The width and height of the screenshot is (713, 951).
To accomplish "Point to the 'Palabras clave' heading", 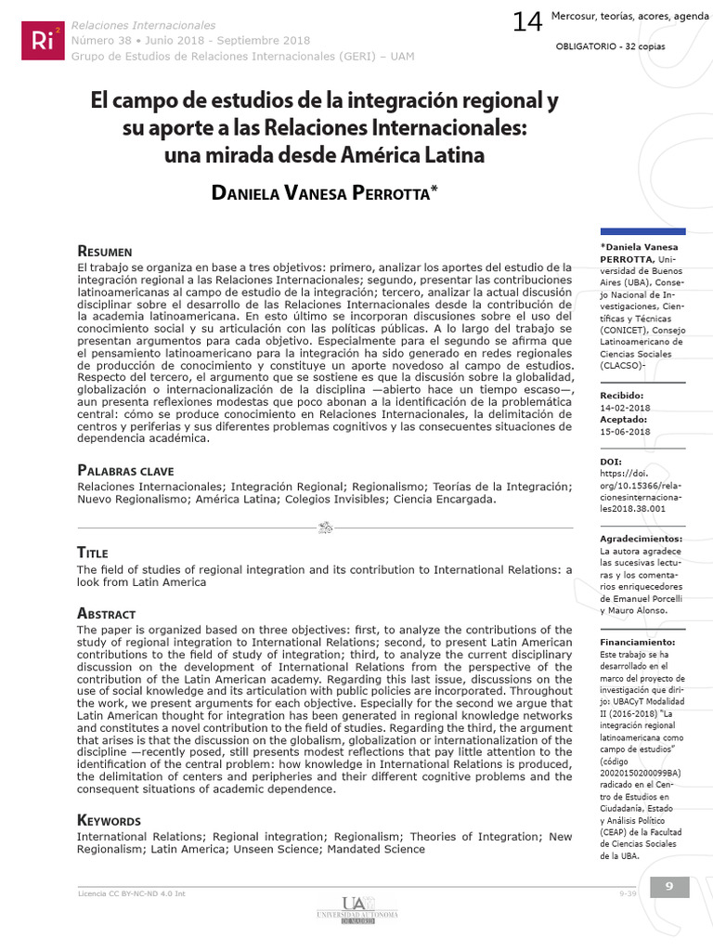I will (125, 471).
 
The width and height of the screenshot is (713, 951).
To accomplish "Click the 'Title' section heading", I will (93, 553).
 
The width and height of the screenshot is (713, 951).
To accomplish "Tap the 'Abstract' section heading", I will (107, 614).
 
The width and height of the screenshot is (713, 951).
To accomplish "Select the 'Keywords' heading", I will (110, 820).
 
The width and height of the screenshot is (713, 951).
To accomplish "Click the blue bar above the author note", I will (643, 231).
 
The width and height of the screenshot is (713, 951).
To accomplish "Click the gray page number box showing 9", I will (668, 887).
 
